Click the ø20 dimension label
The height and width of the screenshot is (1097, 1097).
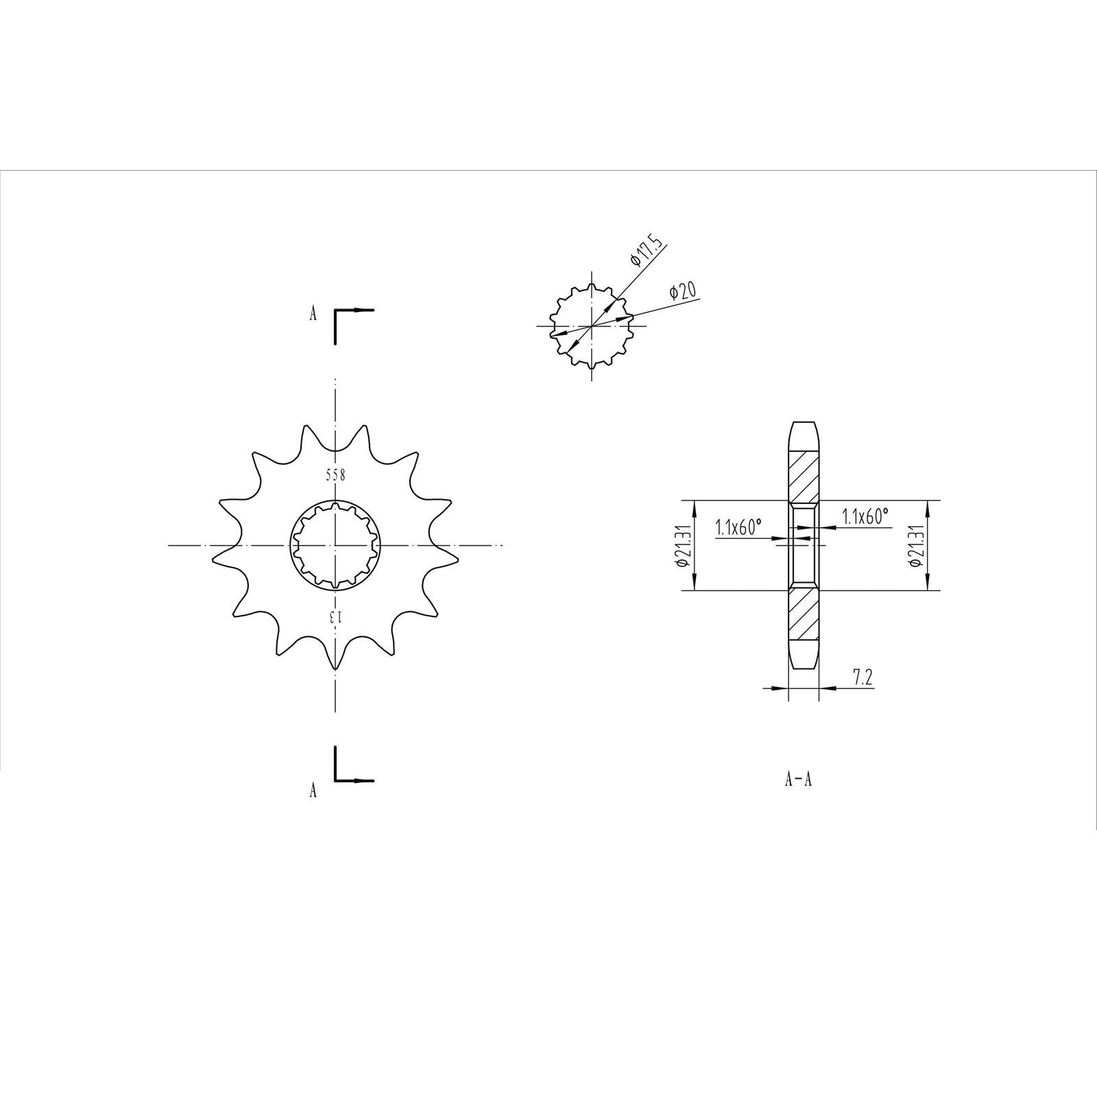pyautogui.click(x=683, y=291)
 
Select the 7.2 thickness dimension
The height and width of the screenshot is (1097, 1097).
pyautogui.click(x=862, y=678)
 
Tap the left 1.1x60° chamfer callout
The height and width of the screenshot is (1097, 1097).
pyautogui.click(x=739, y=527)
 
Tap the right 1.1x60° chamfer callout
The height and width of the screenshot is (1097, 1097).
pyautogui.click(x=865, y=516)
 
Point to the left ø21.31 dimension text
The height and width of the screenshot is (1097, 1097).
pyautogui.click(x=682, y=545)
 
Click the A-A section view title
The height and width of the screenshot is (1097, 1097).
pyautogui.click(x=798, y=780)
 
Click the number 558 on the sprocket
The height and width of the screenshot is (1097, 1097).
pyautogui.click(x=335, y=474)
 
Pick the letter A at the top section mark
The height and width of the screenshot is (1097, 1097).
pyautogui.click(x=313, y=314)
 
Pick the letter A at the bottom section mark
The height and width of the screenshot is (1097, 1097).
pyautogui.click(x=313, y=790)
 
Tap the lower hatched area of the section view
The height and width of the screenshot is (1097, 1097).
pyautogui.click(x=803, y=614)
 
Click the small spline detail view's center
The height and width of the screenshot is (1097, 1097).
pyautogui.click(x=592, y=325)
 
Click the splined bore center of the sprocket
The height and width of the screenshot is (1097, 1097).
pyautogui.click(x=335, y=546)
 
